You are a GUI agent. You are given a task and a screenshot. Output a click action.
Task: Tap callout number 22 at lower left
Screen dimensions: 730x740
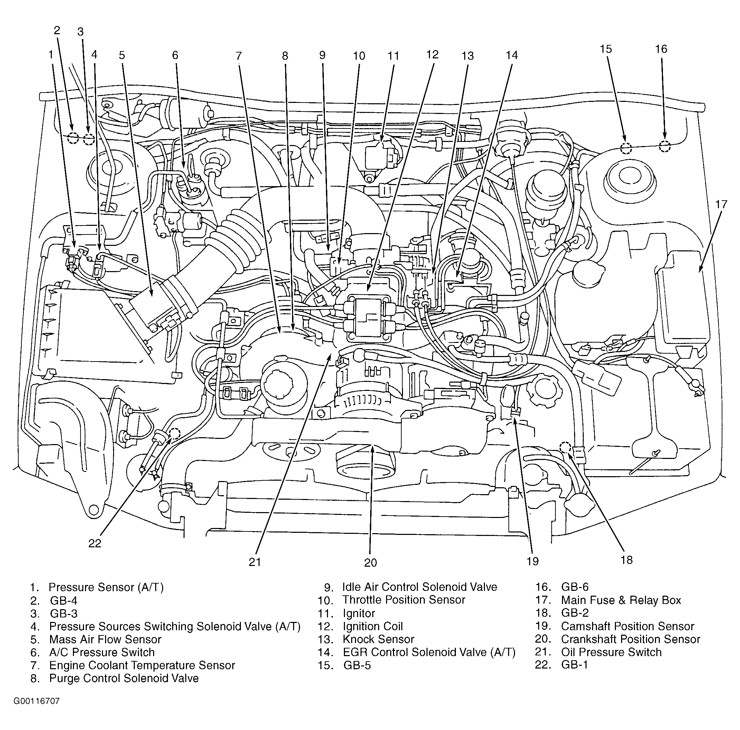(x=95, y=543)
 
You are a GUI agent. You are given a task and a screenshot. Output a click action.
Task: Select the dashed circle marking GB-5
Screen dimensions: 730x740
(x=626, y=148)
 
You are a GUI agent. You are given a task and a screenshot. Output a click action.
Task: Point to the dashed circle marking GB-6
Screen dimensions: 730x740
(x=665, y=146)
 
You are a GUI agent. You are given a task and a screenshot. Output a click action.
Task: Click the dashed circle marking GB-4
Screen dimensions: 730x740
(x=73, y=138)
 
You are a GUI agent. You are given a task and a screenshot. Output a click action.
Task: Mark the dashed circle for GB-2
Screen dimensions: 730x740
(x=565, y=447)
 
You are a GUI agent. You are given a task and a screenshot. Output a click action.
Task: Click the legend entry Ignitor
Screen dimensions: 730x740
(x=358, y=613)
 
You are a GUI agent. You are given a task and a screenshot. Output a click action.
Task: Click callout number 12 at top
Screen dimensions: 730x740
(x=432, y=55)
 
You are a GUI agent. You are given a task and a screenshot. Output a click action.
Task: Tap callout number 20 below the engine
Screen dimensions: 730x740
(x=371, y=563)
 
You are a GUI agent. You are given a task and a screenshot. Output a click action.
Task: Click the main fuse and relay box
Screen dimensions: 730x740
(x=683, y=302)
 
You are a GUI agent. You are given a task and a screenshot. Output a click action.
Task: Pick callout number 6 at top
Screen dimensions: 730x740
(x=175, y=55)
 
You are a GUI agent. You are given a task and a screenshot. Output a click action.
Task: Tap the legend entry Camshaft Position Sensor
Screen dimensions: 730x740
(x=627, y=626)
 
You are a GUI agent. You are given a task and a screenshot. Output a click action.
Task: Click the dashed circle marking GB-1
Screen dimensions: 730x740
(x=175, y=433)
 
